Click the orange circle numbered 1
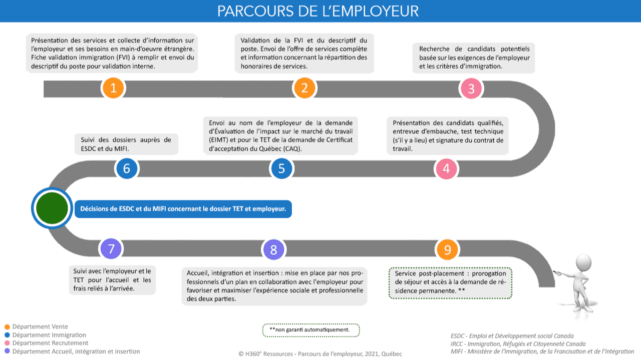point(114,88)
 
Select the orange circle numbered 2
point(304,88)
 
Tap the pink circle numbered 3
point(471,89)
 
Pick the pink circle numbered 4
point(446,169)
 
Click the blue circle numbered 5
point(281,169)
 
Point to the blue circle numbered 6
point(127,169)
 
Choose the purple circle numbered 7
point(111,249)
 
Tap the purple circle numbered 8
point(273,249)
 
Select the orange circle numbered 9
point(448,249)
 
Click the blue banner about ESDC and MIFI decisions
point(183,209)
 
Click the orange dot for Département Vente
point(7,327)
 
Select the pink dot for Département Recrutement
point(7,343)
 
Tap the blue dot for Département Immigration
point(7,335)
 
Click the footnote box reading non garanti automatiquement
point(311,330)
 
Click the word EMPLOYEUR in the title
point(368,11)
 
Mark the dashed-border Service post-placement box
point(450,282)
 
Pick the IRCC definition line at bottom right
point(518,344)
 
